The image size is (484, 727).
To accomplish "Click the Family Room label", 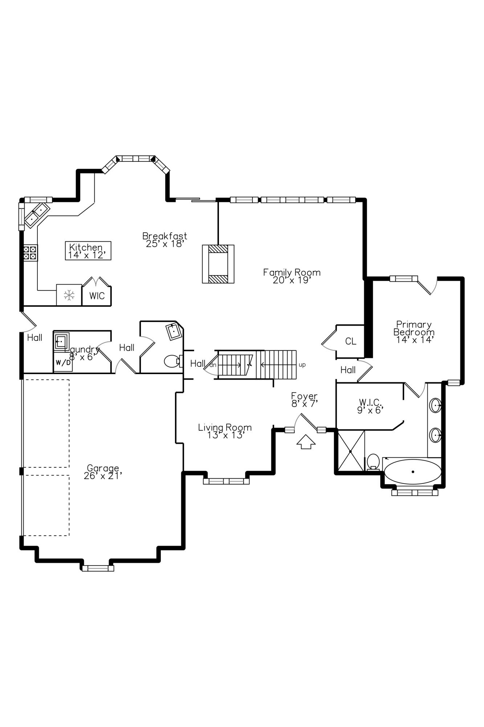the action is click(x=292, y=276).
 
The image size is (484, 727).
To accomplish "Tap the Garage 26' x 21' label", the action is click(x=103, y=472).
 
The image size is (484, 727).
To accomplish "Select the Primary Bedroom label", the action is click(x=414, y=332).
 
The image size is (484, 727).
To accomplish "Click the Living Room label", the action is click(x=225, y=431).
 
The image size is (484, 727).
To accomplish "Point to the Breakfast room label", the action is click(x=165, y=240).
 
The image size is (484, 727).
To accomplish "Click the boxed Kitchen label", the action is click(x=88, y=250).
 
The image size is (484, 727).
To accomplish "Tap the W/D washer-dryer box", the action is click(x=63, y=362).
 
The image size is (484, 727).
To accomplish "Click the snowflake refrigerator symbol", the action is click(x=69, y=295).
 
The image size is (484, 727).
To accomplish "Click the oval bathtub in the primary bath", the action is click(x=413, y=472).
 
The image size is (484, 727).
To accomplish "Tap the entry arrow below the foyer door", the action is click(x=306, y=442).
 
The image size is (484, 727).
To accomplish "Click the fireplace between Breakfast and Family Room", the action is click(x=218, y=264).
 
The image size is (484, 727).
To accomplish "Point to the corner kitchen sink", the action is click(x=36, y=215).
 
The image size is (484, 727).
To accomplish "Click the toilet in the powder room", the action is click(x=173, y=361).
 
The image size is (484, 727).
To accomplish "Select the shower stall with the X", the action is click(x=351, y=451).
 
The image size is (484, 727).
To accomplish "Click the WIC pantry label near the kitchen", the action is click(x=97, y=296).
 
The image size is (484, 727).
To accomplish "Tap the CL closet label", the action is click(x=351, y=341).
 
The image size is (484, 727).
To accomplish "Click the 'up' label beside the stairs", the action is click(x=302, y=365).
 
